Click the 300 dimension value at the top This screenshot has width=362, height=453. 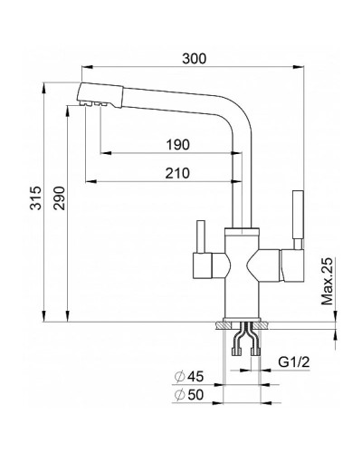[195, 59]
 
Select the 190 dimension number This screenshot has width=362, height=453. [178, 145]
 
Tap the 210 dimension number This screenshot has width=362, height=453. [177, 173]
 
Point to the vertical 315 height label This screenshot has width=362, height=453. [36, 198]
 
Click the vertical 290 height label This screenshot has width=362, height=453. [59, 198]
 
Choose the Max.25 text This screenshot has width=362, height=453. [327, 282]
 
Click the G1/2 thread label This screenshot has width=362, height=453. [294, 361]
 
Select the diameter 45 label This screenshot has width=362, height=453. [189, 377]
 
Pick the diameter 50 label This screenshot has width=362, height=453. [189, 395]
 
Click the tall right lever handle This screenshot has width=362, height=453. [298, 219]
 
